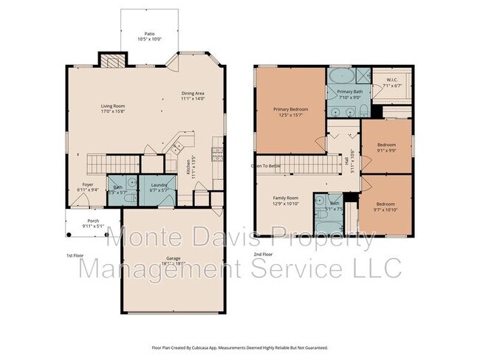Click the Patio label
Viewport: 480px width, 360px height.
pos(150,34)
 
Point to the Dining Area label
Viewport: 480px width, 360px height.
pos(195,93)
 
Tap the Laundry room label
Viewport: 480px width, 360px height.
pos(160,184)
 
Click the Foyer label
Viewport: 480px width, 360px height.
pos(86,184)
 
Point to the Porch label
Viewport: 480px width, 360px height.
pos(93,220)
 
